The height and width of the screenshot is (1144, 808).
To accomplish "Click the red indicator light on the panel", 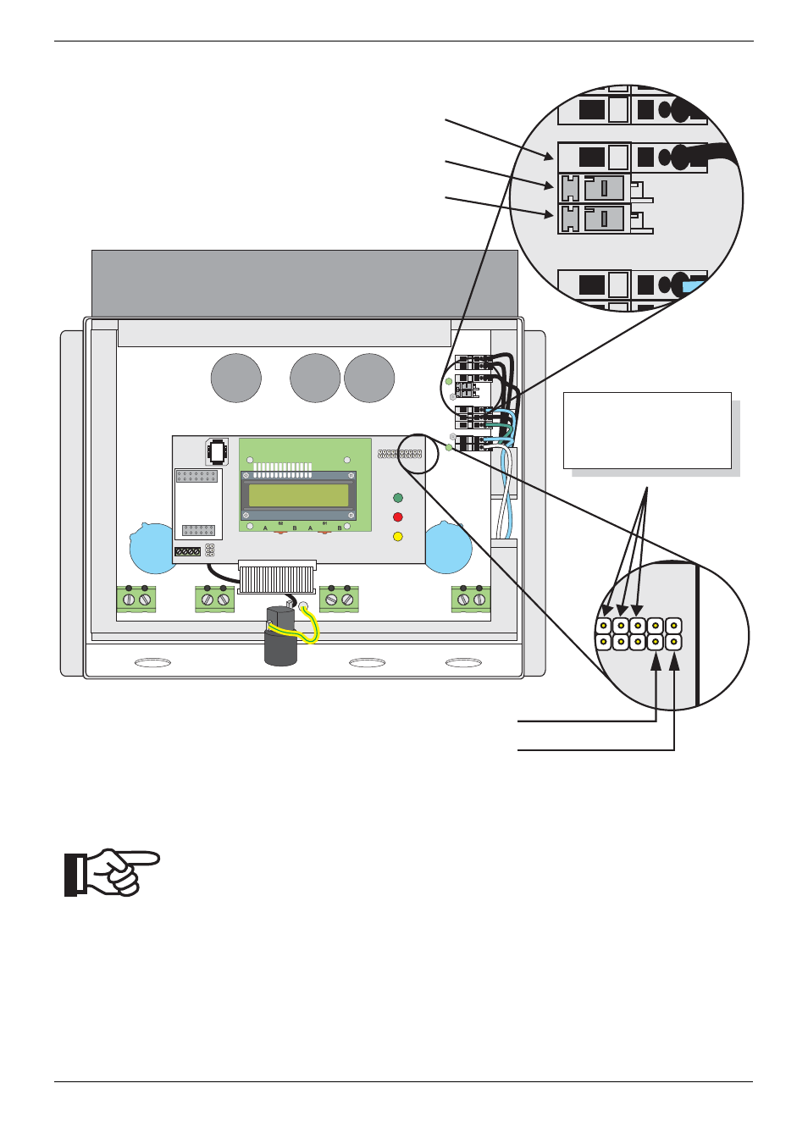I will click(398, 517).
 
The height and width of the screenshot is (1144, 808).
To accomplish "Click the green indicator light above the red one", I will click(398, 498).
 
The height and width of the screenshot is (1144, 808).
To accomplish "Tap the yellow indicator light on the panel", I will click(398, 536).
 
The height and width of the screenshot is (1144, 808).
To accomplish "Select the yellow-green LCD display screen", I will click(298, 495).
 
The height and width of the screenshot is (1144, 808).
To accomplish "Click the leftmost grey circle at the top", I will click(235, 378).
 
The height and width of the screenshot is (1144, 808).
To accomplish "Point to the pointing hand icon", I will click(113, 871).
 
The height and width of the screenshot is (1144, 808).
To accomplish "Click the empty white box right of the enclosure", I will click(647, 430).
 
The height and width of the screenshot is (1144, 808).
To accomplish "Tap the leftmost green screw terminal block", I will click(136, 599).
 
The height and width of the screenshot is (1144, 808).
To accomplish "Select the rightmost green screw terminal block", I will click(471, 599).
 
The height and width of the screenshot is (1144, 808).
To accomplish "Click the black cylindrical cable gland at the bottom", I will click(281, 638).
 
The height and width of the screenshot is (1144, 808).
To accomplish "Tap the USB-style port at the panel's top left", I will click(217, 451).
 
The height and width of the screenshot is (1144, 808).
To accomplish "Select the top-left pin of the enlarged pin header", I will click(604, 627).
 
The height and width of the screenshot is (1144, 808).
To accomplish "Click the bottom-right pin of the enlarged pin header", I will click(673, 642).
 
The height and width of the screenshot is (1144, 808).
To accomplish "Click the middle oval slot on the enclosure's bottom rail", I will click(367, 662).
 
